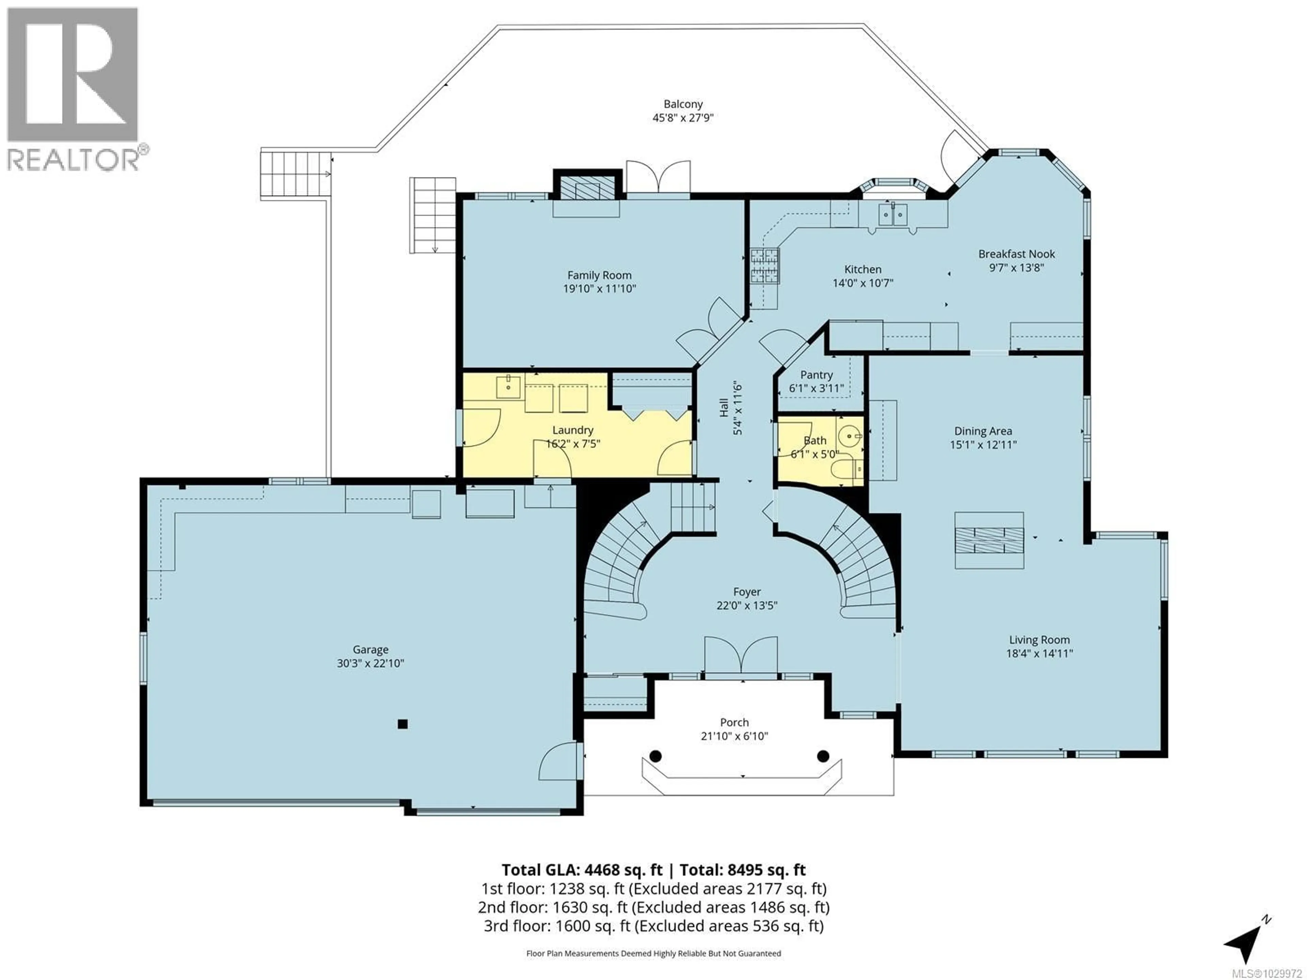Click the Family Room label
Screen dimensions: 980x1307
tap(599, 275)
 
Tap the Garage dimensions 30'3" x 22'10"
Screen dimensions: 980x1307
tap(370, 664)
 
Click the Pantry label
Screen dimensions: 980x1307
tap(816, 375)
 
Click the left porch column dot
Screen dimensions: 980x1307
tap(655, 755)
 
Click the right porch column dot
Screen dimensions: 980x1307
tap(823, 755)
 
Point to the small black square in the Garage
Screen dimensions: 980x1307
tap(402, 724)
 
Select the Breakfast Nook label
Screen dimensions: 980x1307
tap(1016, 254)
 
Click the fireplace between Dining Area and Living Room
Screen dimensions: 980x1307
tap(989, 540)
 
